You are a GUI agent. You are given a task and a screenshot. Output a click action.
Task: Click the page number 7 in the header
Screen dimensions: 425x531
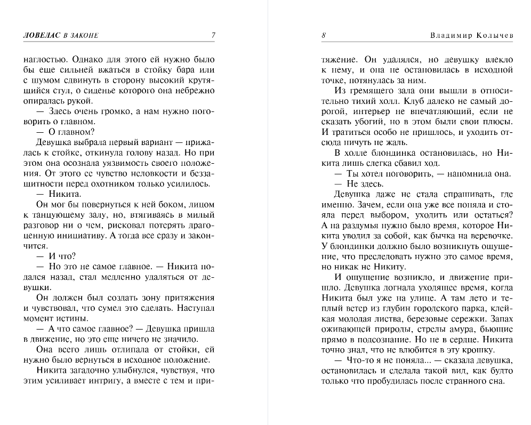click(x=213, y=36)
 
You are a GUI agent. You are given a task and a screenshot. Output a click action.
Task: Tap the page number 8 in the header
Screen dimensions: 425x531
click(x=324, y=36)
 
